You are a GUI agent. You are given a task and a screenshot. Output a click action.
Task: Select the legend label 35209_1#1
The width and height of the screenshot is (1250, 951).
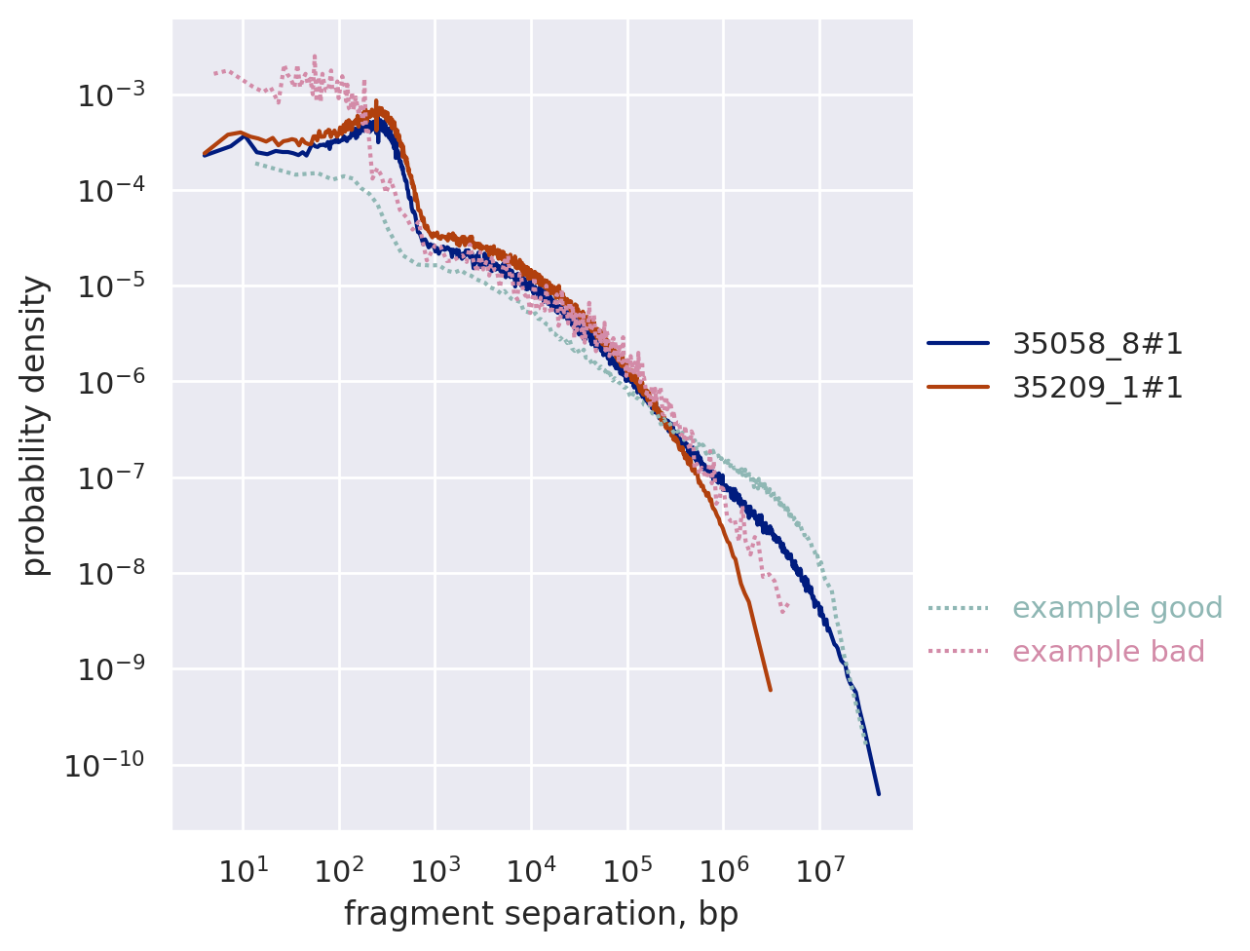[x=1098, y=388]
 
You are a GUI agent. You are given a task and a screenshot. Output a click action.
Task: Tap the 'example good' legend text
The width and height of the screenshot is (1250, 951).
[x=1117, y=608]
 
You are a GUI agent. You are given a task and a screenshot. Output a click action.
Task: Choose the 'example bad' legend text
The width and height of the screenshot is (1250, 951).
[x=1109, y=652]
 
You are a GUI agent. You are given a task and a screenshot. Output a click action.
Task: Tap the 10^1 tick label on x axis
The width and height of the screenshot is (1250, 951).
[x=244, y=869]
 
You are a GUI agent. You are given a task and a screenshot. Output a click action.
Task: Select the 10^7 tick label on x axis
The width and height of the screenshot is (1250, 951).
[x=819, y=869]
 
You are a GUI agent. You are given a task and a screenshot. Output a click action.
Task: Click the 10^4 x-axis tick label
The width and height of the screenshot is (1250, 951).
[x=531, y=869]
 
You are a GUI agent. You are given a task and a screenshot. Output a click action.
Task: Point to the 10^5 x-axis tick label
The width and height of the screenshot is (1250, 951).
[x=627, y=869]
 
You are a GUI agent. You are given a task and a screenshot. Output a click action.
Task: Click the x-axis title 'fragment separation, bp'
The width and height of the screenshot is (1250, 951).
[x=541, y=914]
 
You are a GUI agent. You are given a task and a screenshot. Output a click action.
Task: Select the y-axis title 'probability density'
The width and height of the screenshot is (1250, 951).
[x=35, y=425]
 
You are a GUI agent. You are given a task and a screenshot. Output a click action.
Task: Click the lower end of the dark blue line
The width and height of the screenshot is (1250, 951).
[x=878, y=793]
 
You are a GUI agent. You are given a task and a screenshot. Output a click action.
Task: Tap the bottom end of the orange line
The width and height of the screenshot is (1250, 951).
[x=770, y=690]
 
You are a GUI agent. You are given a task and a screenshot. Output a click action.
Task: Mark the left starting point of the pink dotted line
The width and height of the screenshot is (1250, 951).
[x=215, y=73]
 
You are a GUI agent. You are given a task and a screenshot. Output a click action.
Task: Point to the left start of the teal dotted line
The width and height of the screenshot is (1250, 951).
[x=256, y=163]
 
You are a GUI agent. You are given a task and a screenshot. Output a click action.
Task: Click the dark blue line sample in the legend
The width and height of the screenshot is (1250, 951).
[x=958, y=343]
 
